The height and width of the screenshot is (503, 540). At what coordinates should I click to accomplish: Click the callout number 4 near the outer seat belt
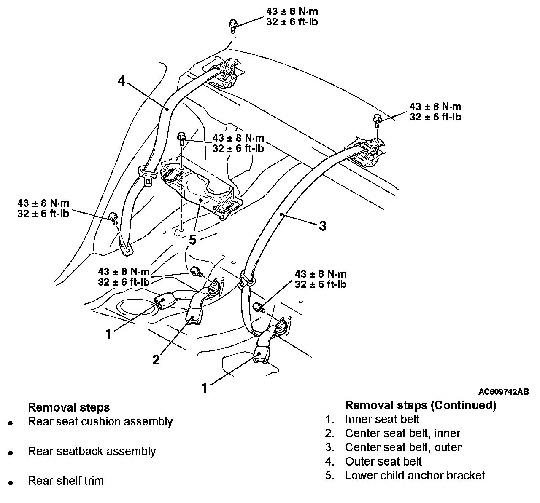coord(121,80)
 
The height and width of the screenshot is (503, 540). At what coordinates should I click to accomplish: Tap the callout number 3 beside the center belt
coord(322,226)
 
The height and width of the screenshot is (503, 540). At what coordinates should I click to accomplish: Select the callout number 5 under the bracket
coord(192,240)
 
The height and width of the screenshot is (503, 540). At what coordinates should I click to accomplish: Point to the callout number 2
coord(156,360)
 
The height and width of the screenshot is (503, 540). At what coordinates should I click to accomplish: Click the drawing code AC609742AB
coord(504,392)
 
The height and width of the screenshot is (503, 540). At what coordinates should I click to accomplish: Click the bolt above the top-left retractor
coord(233,26)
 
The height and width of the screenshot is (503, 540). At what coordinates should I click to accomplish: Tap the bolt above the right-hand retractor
coord(377,121)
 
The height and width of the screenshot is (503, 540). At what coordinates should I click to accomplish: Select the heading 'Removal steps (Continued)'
coord(421,405)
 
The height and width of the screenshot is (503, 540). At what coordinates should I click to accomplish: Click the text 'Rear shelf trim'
coord(66,481)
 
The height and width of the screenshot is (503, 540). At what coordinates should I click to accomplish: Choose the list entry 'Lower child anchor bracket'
coord(415,475)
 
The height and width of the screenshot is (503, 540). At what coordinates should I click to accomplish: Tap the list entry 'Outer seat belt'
coord(383,461)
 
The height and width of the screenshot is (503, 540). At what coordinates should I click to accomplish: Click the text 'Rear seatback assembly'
coord(92,451)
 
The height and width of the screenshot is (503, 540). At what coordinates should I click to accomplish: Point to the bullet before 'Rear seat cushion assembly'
coord(11,423)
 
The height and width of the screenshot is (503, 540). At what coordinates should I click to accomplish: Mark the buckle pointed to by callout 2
coord(193,316)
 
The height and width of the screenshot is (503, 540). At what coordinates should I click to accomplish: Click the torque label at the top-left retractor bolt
coord(292,16)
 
